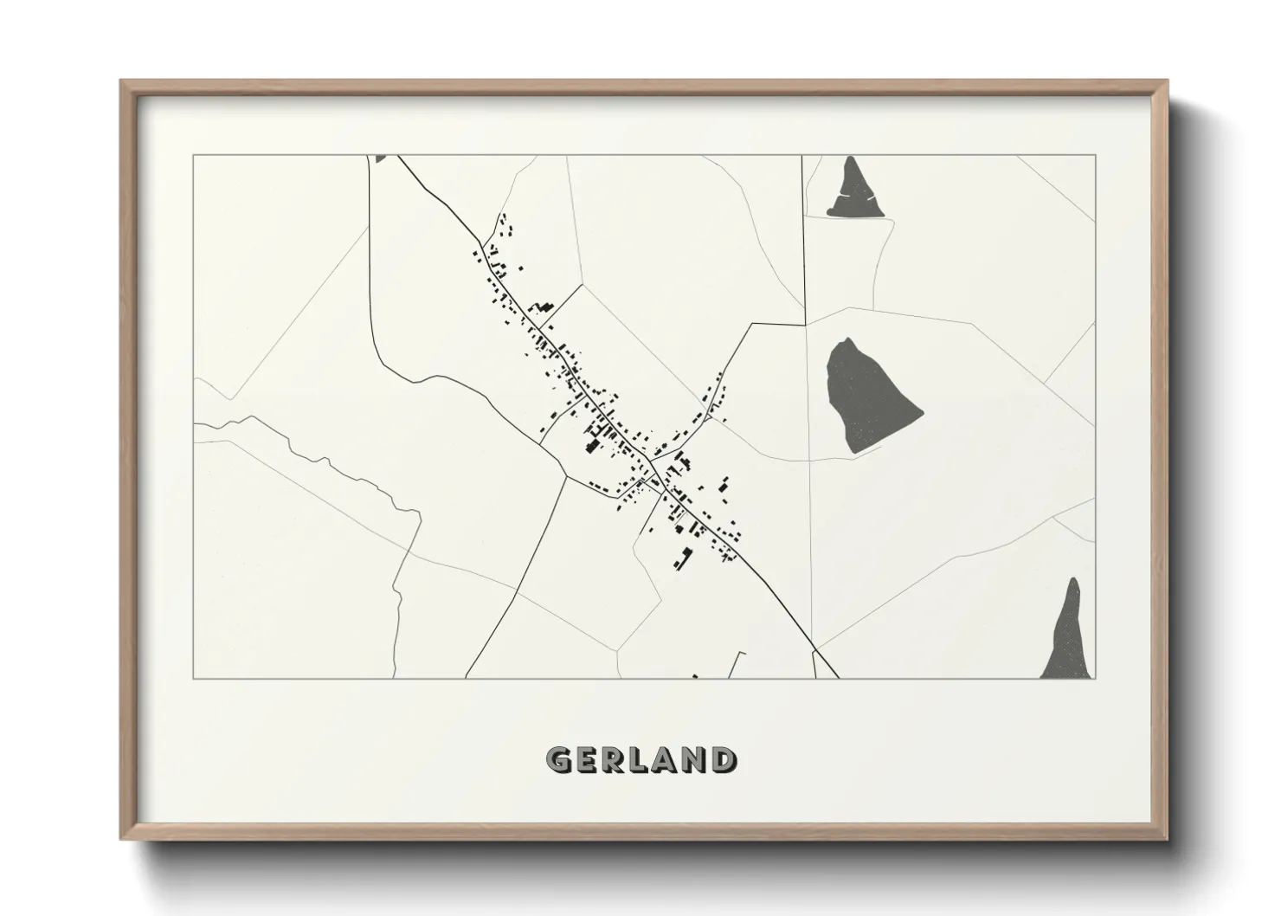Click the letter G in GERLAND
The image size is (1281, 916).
click(x=558, y=760)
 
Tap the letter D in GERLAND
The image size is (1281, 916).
click(x=720, y=760)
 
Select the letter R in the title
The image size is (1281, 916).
click(x=614, y=760)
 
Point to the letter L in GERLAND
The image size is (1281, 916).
click(x=639, y=760)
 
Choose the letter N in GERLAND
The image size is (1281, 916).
click(x=692, y=760)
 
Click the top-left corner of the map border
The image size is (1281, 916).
click(x=194, y=156)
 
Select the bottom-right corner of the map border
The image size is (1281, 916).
click(x=1095, y=678)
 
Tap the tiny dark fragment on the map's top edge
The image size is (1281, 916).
click(x=381, y=158)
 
